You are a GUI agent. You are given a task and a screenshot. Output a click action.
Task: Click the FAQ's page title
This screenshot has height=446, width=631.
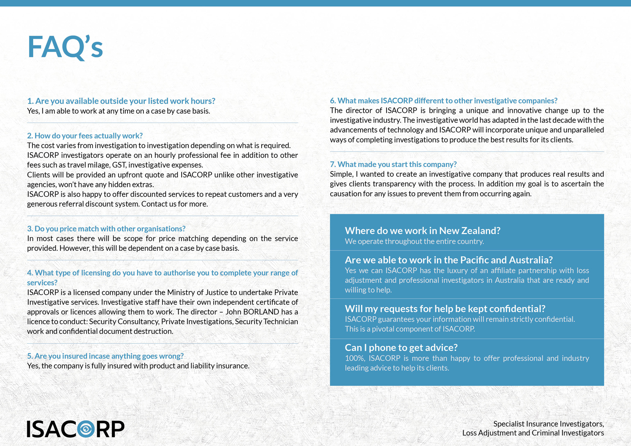tap(65, 47)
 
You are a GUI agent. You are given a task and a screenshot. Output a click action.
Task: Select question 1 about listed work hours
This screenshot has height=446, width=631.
tap(121, 101)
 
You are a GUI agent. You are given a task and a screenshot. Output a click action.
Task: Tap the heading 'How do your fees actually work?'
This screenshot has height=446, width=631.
tap(85, 135)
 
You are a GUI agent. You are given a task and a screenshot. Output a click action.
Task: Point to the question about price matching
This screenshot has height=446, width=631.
tap(106, 228)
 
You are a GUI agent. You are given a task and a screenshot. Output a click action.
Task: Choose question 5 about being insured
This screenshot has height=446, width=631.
tap(105, 356)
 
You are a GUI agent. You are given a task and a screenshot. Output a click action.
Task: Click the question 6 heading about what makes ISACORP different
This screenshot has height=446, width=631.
tap(443, 101)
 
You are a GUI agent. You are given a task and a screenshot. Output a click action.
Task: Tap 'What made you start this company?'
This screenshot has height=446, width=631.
tap(393, 164)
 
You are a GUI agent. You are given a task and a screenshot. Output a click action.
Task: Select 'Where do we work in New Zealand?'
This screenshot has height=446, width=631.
tap(422, 231)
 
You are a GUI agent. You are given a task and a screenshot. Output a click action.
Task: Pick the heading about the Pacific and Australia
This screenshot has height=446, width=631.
tap(448, 260)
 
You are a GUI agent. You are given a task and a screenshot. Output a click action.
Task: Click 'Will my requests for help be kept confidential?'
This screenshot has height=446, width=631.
tap(445, 308)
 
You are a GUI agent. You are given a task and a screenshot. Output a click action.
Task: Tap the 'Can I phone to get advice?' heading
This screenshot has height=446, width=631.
tap(401, 348)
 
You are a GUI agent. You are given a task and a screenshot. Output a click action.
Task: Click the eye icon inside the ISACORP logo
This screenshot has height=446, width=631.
tap(86, 429)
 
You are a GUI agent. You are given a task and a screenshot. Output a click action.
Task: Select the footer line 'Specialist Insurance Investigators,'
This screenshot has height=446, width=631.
tap(548, 424)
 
